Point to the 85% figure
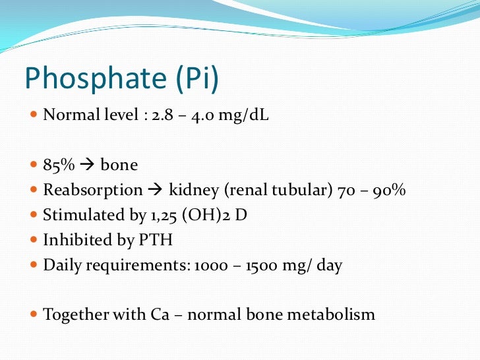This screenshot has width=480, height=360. (x=59, y=165)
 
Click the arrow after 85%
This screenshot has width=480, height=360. (x=87, y=165)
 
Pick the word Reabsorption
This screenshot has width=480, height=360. (x=92, y=191)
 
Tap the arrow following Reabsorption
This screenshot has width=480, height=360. (x=155, y=190)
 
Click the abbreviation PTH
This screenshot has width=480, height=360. (x=158, y=240)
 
